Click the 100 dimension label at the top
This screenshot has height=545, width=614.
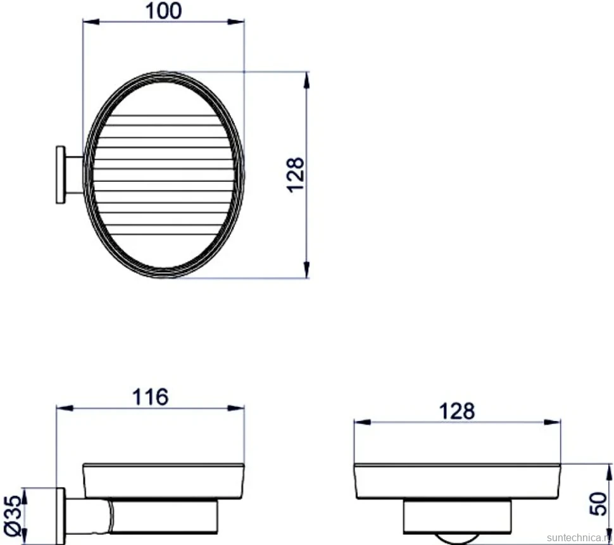click(x=163, y=11)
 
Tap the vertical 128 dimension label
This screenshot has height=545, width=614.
click(x=296, y=175)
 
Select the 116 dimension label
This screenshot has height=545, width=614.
click(x=151, y=397)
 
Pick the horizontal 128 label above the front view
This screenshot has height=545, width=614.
click(x=456, y=411)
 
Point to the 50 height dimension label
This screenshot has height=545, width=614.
click(x=598, y=503)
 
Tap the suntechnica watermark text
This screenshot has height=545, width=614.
click(x=580, y=537)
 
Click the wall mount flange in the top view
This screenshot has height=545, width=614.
click(x=60, y=175)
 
